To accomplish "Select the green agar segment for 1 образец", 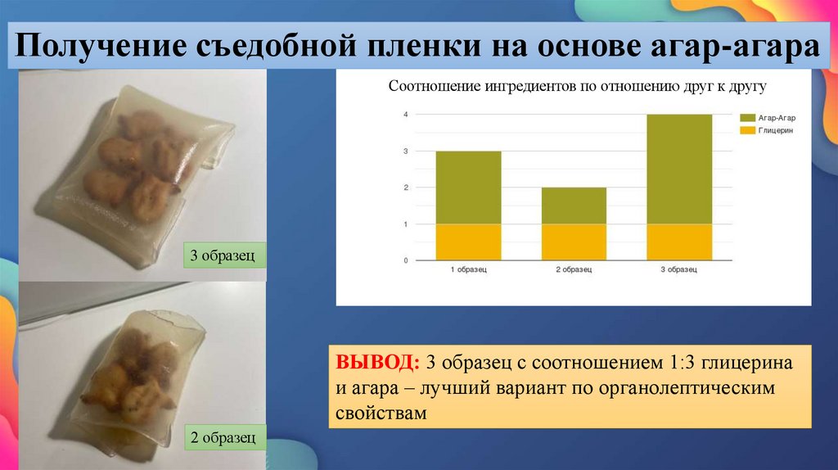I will click(x=468, y=188).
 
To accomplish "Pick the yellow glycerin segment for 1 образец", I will click(x=468, y=242).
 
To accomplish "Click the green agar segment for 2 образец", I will click(x=574, y=206).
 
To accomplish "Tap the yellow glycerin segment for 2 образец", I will click(x=574, y=242).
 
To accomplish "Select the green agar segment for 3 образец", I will click(x=679, y=169).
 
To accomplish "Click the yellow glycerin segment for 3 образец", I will click(x=679, y=242).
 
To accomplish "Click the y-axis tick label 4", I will click(x=405, y=115).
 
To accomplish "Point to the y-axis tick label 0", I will click(x=405, y=260).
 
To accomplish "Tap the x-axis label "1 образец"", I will click(x=468, y=270).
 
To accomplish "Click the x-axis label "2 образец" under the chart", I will click(x=574, y=270).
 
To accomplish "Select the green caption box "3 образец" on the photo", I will click(x=223, y=255).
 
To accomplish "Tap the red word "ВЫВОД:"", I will click(x=376, y=362).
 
